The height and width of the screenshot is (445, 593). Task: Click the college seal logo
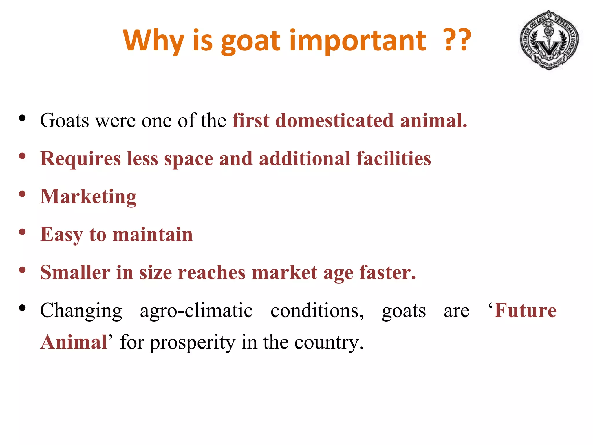[x=549, y=40]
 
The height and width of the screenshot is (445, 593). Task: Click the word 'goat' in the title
[x=251, y=41]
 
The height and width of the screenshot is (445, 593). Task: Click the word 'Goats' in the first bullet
[x=64, y=121]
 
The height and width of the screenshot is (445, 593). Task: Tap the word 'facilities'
[x=393, y=159]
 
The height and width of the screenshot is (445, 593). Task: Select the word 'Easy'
[x=61, y=235]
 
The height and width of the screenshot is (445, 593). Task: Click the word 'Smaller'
[x=75, y=273]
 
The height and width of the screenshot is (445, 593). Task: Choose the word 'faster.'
[x=387, y=273]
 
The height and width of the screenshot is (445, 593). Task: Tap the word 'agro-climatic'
[x=196, y=311]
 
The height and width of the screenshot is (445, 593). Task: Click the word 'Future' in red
[x=525, y=311]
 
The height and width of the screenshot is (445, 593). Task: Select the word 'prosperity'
[x=192, y=342]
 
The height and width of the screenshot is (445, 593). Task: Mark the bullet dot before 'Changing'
[x=22, y=308]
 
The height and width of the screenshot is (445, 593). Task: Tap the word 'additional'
[x=305, y=159]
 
